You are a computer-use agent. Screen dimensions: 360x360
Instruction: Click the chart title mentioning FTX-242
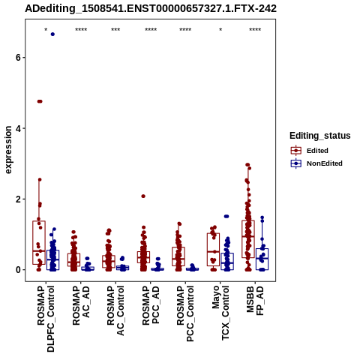pyautogui.click(x=151, y=9)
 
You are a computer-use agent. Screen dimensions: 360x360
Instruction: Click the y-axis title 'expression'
pyautogui.click(x=8, y=150)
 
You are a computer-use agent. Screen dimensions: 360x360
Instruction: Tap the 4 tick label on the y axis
pyautogui.click(x=18, y=128)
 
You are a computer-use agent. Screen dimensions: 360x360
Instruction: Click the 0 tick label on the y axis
pyautogui.click(x=18, y=270)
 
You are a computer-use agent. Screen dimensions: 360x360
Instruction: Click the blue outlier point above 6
pyautogui.click(x=52, y=34)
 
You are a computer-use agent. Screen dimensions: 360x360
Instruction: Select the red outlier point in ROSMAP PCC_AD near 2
pyautogui.click(x=143, y=196)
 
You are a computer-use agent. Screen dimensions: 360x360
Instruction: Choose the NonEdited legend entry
pyautogui.click(x=316, y=163)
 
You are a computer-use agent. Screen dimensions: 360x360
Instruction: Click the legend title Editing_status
pyautogui.click(x=320, y=136)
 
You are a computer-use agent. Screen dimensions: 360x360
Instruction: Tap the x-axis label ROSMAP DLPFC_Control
pyautogui.click(x=46, y=319)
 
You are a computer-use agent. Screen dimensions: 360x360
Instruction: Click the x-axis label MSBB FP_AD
pyautogui.click(x=255, y=301)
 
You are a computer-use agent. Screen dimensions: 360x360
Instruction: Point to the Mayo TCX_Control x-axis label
pyautogui.click(x=220, y=313)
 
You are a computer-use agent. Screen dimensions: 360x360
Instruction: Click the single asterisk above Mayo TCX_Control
pyautogui.click(x=220, y=30)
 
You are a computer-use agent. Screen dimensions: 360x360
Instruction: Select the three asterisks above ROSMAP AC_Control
pyautogui.click(x=115, y=30)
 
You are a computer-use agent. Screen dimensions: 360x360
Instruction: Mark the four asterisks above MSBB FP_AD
pyautogui.click(x=255, y=30)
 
